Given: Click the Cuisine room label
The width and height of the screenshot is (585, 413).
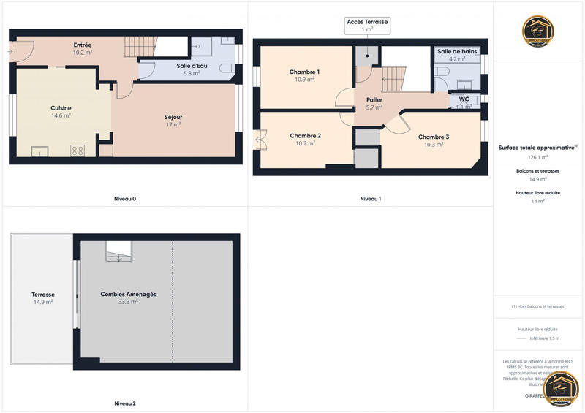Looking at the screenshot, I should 61,108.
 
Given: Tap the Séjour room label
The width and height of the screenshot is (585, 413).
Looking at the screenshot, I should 173,117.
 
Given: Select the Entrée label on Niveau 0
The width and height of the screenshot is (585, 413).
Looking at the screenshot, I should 82,45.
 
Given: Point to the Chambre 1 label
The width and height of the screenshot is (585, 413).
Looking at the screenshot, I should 304,72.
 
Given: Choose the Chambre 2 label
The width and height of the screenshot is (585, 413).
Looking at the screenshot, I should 305,136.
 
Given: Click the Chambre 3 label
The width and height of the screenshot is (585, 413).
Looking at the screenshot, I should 434,137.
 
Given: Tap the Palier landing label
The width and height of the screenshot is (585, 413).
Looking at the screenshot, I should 374,99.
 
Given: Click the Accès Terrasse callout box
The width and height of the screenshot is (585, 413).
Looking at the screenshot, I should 369,26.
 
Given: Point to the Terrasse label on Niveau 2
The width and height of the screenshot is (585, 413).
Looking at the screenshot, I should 42,295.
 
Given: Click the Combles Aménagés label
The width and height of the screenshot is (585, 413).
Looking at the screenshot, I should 128,295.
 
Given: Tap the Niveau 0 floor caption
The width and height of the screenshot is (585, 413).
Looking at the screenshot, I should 125,199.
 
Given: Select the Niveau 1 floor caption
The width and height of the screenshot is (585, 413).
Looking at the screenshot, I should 371,199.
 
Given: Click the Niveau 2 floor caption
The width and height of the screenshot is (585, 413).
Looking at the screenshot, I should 125,403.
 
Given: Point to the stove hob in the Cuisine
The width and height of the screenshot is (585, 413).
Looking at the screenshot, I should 77,151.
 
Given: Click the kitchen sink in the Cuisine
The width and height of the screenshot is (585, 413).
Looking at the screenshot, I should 39,151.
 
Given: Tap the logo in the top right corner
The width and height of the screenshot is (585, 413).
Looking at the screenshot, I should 537,31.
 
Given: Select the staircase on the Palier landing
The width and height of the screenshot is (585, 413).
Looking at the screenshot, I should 394,77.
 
